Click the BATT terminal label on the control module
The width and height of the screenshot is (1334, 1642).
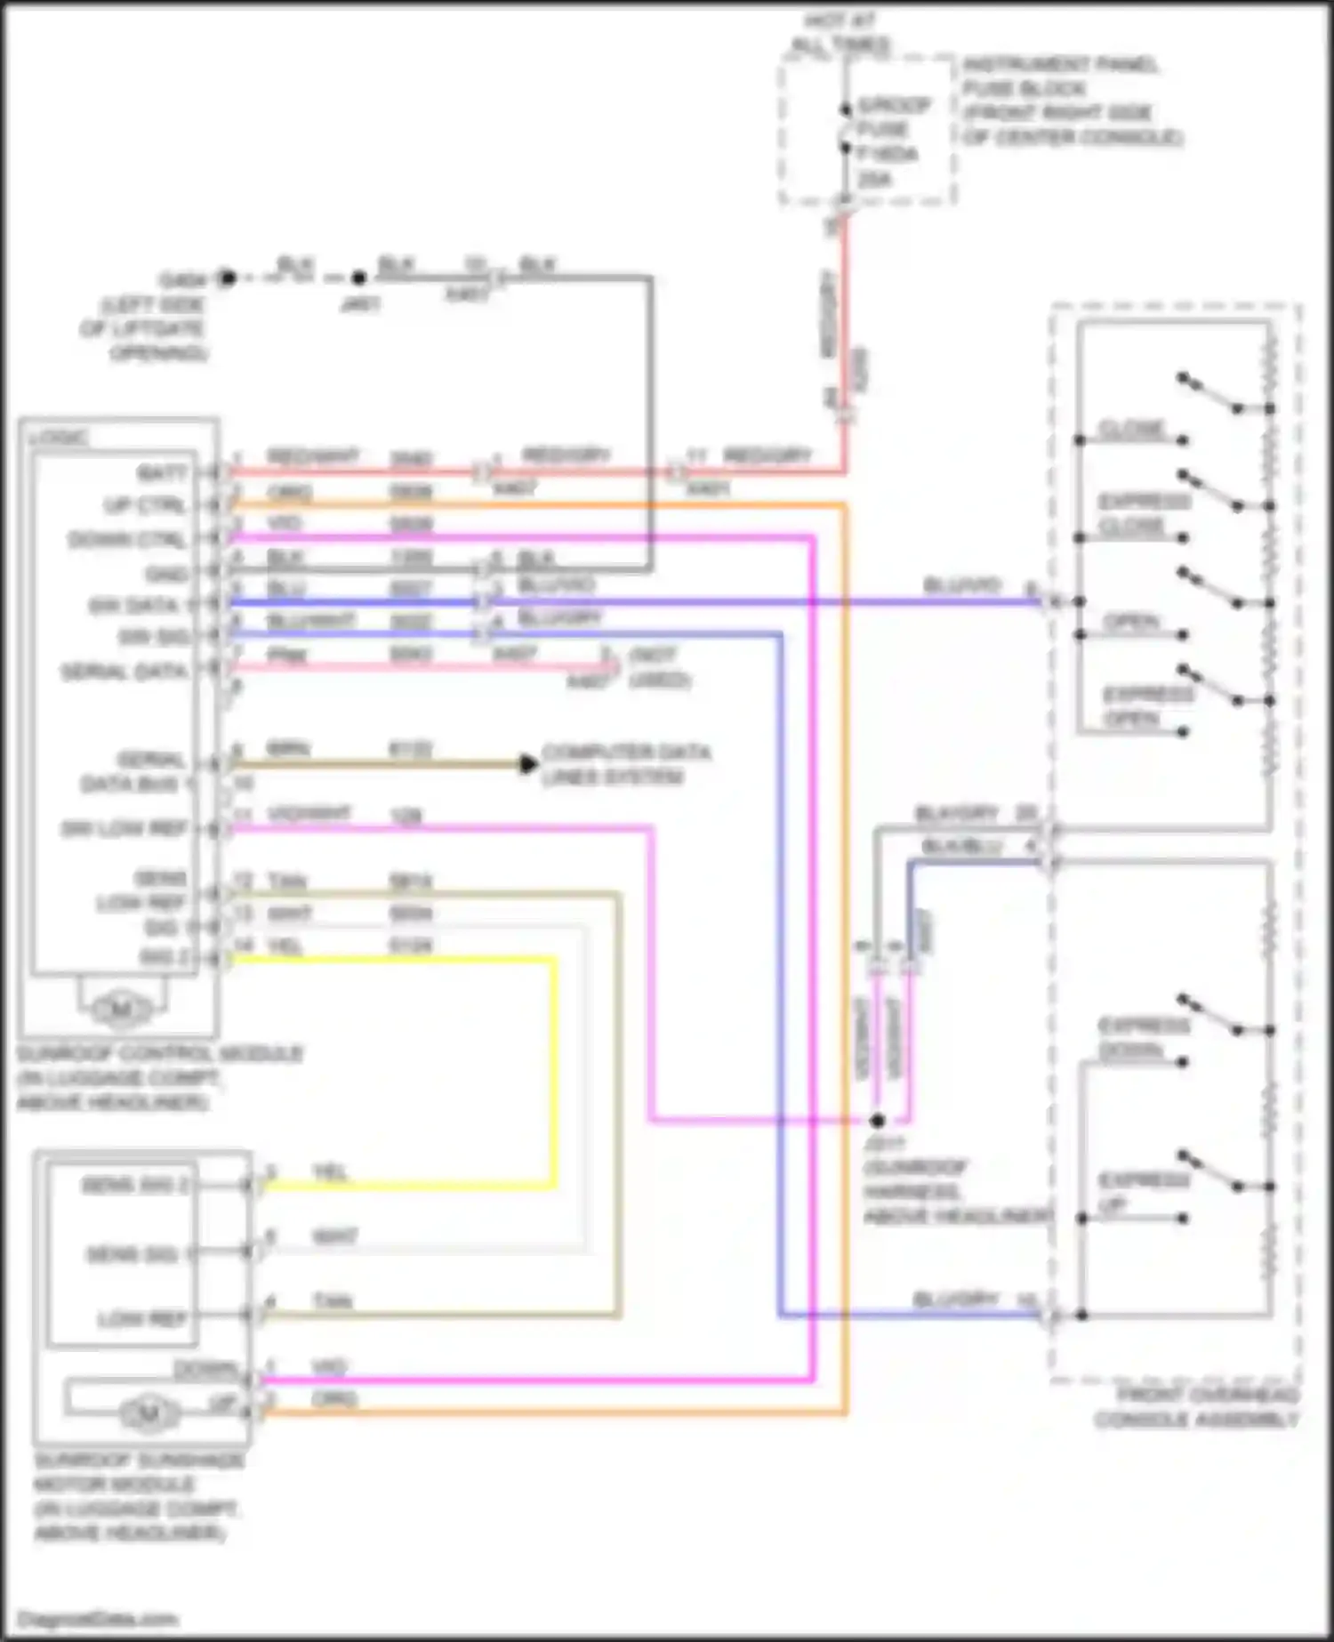click(163, 471)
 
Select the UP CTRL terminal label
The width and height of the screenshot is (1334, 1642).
click(146, 505)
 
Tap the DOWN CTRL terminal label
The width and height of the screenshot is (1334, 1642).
click(128, 539)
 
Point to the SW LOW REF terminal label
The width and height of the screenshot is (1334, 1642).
click(125, 829)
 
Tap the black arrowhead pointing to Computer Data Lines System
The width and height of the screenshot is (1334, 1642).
click(528, 763)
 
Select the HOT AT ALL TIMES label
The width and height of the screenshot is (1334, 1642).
click(840, 33)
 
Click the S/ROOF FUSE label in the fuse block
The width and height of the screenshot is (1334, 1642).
click(893, 117)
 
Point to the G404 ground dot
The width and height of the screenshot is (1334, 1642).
click(227, 278)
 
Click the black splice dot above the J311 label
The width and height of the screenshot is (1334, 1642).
click(878, 1120)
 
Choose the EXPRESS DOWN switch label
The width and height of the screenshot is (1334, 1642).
click(1143, 1038)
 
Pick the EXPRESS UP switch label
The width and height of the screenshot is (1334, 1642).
click(1143, 1192)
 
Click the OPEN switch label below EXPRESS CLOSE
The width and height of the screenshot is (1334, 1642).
click(1132, 621)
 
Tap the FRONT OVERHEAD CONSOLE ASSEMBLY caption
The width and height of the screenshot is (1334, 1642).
click(1196, 1407)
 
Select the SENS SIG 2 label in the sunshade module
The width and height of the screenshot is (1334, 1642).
click(134, 1185)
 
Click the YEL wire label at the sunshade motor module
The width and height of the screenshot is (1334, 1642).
click(330, 1172)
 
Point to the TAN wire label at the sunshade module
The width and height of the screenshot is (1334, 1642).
click(333, 1301)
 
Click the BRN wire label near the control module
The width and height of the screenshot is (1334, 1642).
click(288, 749)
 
